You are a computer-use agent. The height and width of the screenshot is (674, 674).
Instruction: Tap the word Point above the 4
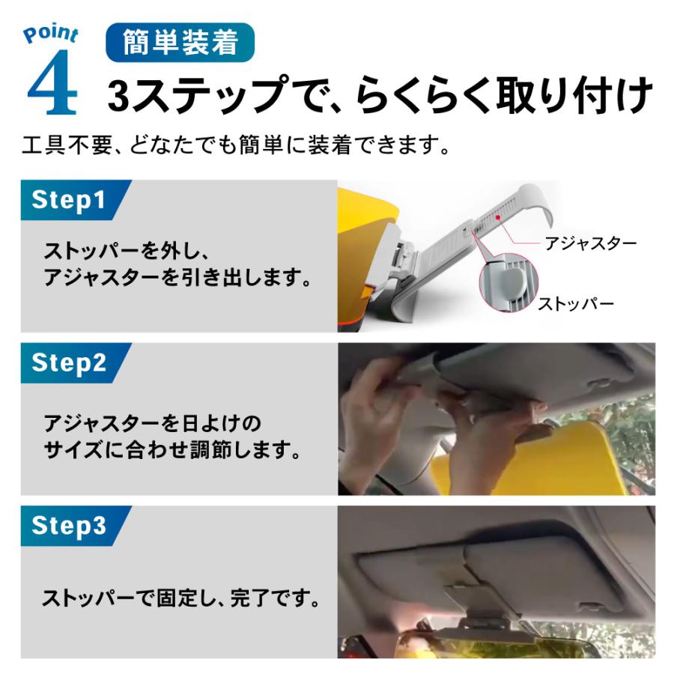pyautogui.click(x=51, y=34)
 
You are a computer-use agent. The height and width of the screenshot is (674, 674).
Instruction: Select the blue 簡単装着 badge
pyautogui.click(x=180, y=42)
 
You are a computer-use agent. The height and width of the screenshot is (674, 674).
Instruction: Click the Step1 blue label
pyautogui.click(x=69, y=200)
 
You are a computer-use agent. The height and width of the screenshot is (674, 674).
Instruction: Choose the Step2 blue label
pyautogui.click(x=69, y=362)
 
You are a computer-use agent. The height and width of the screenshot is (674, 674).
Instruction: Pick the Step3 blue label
pyautogui.click(x=69, y=526)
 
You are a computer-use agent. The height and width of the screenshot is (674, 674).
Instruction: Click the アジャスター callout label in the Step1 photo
pyautogui.click(x=591, y=243)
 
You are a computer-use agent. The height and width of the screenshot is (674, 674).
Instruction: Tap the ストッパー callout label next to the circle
pyautogui.click(x=576, y=304)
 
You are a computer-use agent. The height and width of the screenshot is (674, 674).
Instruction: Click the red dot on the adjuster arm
pyautogui.click(x=498, y=217)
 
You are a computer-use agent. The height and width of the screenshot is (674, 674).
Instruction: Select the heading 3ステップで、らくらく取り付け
pyautogui.click(x=380, y=94)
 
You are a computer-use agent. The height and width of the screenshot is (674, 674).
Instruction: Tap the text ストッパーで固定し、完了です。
pyautogui.click(x=181, y=598)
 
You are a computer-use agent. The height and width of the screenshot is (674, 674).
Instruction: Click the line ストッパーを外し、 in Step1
pyautogui.click(x=127, y=251)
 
